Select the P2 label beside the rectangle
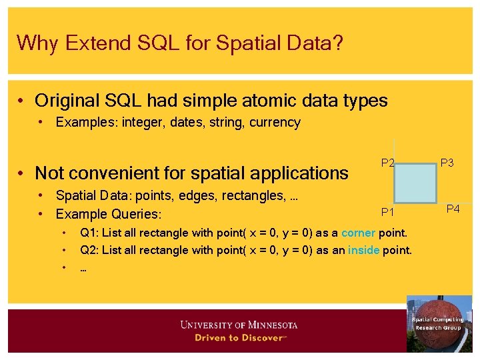(x=387, y=163)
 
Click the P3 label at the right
(x=447, y=163)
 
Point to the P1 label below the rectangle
(x=387, y=212)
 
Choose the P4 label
(x=453, y=209)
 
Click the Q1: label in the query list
(x=89, y=233)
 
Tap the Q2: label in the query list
(x=89, y=250)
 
